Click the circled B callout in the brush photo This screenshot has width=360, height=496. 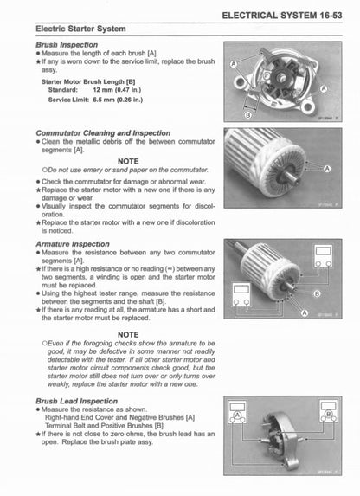248,114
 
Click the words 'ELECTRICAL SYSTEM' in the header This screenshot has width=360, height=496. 264,16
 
